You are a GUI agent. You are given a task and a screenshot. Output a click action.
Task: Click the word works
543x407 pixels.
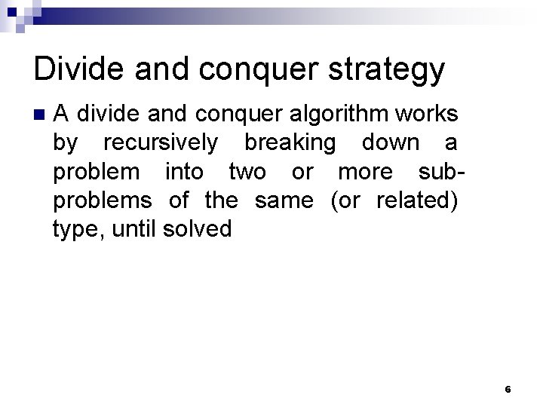428,114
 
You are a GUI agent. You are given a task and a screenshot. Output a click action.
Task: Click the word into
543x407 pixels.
184,172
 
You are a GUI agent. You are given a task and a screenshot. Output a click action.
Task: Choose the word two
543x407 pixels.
247,172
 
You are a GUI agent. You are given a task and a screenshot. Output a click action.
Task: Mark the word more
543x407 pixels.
364,172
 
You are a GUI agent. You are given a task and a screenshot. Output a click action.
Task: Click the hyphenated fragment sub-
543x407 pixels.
440,172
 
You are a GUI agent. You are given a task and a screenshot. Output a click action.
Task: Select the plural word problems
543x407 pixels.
103,201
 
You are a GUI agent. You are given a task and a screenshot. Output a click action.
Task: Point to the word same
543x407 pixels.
284,200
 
